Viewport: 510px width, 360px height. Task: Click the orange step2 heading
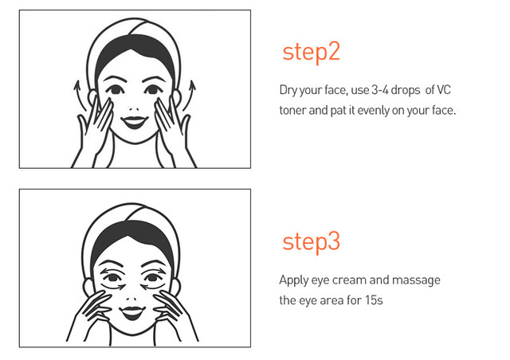click(x=311, y=52)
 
